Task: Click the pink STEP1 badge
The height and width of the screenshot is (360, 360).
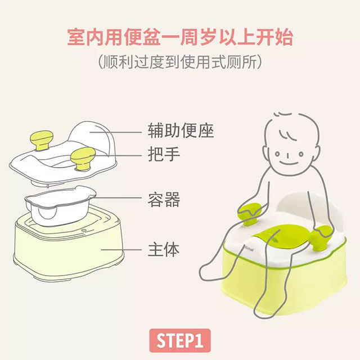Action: [180, 340]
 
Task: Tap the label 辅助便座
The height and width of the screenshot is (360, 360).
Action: [181, 130]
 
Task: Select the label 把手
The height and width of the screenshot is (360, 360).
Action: [164, 154]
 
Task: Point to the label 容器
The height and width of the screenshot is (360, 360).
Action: [164, 199]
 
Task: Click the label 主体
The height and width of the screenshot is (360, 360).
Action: [164, 250]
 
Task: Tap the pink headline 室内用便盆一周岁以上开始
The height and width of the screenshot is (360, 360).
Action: [180, 37]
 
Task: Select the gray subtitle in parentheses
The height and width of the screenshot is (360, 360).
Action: [180, 61]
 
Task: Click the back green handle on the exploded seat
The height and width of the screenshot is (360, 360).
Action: [42, 140]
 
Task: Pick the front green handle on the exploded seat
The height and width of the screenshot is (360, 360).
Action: [83, 159]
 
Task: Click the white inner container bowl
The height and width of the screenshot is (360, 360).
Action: [60, 205]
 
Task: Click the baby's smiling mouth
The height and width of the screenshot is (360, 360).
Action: [289, 162]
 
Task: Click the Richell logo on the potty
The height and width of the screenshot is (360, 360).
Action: [249, 248]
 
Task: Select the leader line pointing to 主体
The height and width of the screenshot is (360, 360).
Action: [121, 250]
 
